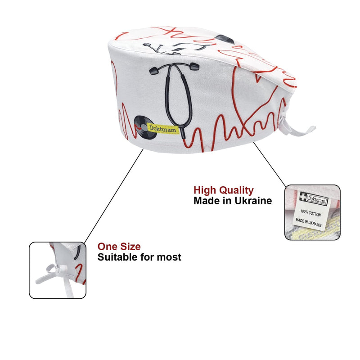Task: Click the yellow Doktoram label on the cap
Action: (x=163, y=129)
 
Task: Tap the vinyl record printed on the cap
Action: (x=144, y=128)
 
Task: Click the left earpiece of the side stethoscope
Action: (x=154, y=71)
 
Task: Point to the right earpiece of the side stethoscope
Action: (x=194, y=66)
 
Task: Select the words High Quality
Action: (x=223, y=190)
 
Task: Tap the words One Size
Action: (x=119, y=247)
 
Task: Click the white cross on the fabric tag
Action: (x=303, y=197)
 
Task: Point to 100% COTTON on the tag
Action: (x=310, y=213)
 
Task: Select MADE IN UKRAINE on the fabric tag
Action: (x=308, y=222)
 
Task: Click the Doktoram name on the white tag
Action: (x=317, y=200)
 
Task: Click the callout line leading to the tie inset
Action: (x=114, y=196)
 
